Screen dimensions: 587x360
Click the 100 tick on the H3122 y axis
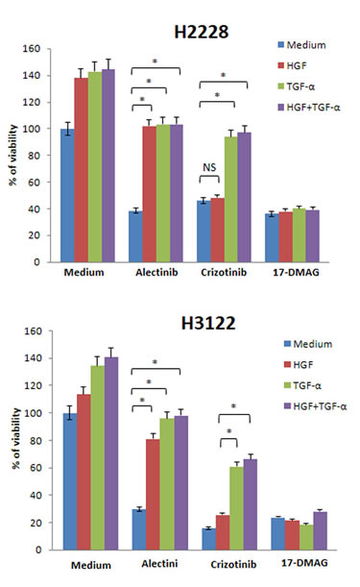(x=36, y=413)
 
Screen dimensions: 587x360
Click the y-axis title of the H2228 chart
(x=12, y=155)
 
